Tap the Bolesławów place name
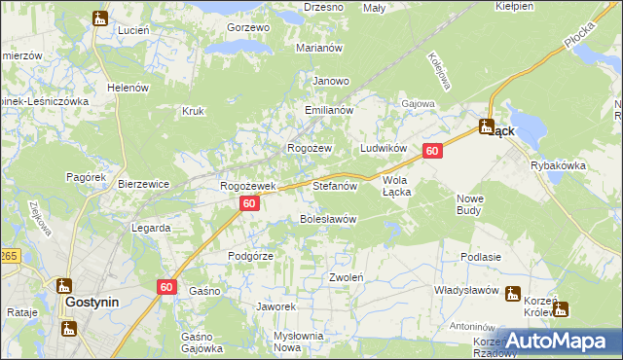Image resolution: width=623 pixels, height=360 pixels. tap(327, 219)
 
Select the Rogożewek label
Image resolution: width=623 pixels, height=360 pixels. tap(248, 185)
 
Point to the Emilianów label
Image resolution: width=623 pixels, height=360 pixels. tap(328, 111)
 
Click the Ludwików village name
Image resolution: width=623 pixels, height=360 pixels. tap(383, 148)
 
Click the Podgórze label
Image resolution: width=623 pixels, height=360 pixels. tap(250, 255)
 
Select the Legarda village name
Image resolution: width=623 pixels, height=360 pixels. tap(151, 228)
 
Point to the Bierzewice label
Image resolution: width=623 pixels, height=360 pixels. tap(144, 183)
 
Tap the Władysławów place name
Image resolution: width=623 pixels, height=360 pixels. tap(466, 290)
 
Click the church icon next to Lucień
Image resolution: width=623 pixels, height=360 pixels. tap(100, 18)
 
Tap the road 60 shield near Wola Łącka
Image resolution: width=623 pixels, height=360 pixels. tap(433, 151)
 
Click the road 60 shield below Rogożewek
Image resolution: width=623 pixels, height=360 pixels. tap(249, 203)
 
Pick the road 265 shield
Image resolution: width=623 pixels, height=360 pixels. tap(8, 256)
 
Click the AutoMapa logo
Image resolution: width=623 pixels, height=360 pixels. tap(558, 342)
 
